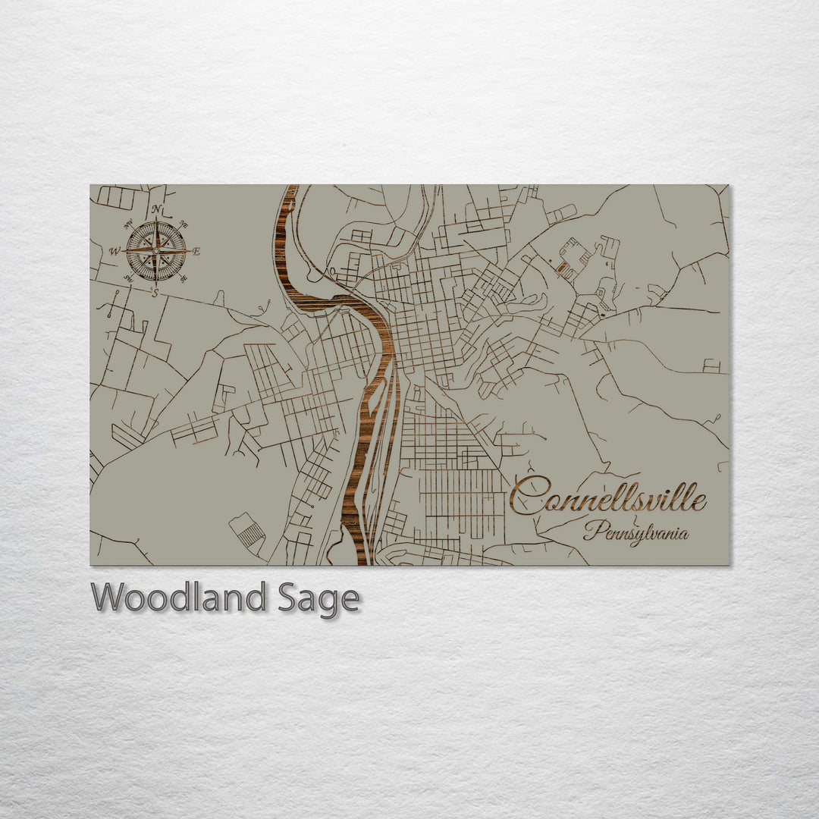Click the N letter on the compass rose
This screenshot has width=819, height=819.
pyautogui.click(x=156, y=209)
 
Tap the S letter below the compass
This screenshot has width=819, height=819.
pyautogui.click(x=155, y=293)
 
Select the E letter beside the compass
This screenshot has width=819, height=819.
pyautogui.click(x=196, y=252)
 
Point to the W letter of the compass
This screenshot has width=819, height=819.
pyautogui.click(x=115, y=251)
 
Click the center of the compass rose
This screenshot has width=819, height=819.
pyautogui.click(x=155, y=250)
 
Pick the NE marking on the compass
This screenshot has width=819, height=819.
pyautogui.click(x=184, y=224)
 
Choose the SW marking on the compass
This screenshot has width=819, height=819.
pyautogui.click(x=128, y=278)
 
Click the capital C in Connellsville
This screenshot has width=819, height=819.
pyautogui.click(x=529, y=497)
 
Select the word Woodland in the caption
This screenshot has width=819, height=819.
pyautogui.click(x=178, y=598)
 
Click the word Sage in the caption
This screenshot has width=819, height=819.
pyautogui.click(x=317, y=599)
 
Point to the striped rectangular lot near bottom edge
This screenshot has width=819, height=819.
pyautogui.click(x=249, y=534)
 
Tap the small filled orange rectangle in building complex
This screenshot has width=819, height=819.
pyautogui.click(x=562, y=268)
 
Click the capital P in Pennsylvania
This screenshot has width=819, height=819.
pyautogui.click(x=592, y=530)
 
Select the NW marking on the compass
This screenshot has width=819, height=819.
pyautogui.click(x=129, y=224)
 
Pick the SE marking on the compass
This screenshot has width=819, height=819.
pyautogui.click(x=183, y=279)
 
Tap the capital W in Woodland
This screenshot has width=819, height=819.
pyautogui.click(x=107, y=597)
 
